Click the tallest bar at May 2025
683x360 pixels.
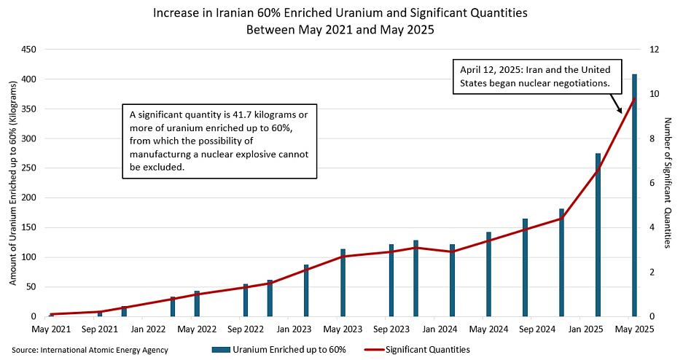pos(634,195)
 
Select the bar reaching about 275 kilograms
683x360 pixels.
pos(598,235)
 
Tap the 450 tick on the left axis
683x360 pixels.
pos(28,50)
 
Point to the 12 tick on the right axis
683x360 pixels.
pos(655,50)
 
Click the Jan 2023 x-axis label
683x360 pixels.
pos(294,329)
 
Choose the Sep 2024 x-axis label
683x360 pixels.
pos(537,329)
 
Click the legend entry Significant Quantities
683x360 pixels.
pos(416,350)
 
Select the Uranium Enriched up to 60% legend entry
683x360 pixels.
pos(278,350)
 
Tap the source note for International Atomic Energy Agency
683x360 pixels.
pos(90,350)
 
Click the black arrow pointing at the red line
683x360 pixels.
pos(616,103)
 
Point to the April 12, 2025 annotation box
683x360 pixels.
pos(537,77)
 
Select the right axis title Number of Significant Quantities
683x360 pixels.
pos(667,183)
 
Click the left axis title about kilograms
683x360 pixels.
pos(13,183)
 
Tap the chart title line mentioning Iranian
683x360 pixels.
pos(340,13)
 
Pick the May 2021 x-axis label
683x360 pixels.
pos(51,329)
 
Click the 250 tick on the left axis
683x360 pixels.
pos(28,168)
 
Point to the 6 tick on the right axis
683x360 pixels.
pos(652,183)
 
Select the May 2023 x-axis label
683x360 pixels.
pos(343,329)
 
